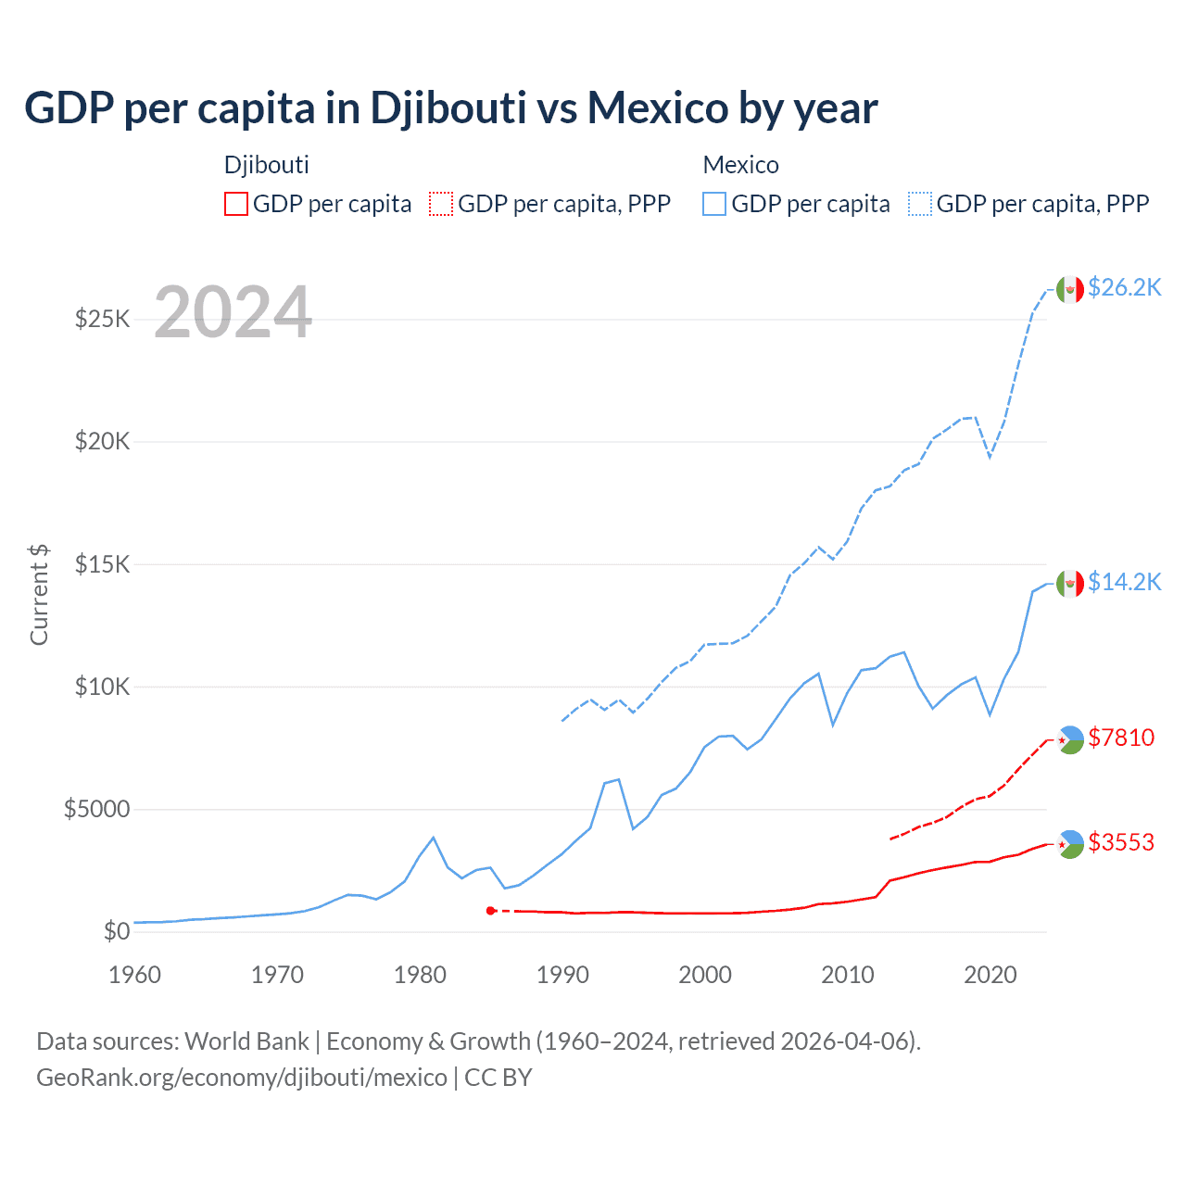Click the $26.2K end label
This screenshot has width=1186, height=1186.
point(1124,287)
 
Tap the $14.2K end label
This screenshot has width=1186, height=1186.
point(1124,582)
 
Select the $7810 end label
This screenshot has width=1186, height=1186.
point(1121,738)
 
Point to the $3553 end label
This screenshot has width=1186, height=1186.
point(1121,842)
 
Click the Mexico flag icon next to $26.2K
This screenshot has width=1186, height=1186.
point(1070,289)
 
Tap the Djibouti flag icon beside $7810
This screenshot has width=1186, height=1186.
point(1070,739)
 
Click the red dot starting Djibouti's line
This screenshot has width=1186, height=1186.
point(491,911)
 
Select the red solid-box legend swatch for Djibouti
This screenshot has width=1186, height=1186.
point(236,204)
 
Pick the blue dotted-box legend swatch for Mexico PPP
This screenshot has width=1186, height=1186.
point(920,204)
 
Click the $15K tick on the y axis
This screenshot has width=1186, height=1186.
point(102,564)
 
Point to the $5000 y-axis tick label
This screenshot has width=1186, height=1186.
point(96,809)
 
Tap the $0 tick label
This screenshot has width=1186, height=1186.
point(117,931)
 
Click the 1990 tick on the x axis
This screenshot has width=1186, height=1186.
point(562,975)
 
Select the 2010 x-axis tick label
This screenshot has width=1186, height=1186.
point(848,975)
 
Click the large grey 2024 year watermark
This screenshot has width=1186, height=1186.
point(233,312)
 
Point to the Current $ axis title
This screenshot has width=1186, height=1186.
point(39,595)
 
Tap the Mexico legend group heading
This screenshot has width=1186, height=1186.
point(740,165)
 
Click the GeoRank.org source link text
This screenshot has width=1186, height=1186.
point(242,1078)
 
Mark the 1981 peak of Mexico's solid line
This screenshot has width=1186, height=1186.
point(433,838)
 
